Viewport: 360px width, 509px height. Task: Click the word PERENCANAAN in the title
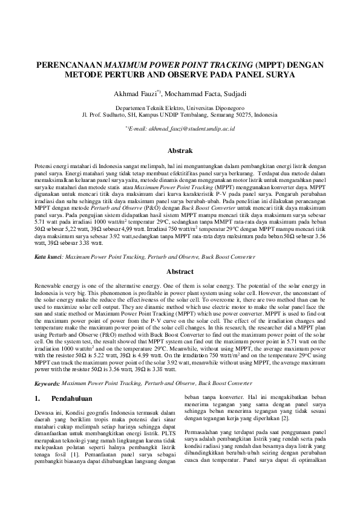tap(70, 65)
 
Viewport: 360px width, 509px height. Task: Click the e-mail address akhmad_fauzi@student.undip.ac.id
tap(186, 129)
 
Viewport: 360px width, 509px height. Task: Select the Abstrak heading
tap(180, 150)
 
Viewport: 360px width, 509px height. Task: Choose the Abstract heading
tap(180, 272)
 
